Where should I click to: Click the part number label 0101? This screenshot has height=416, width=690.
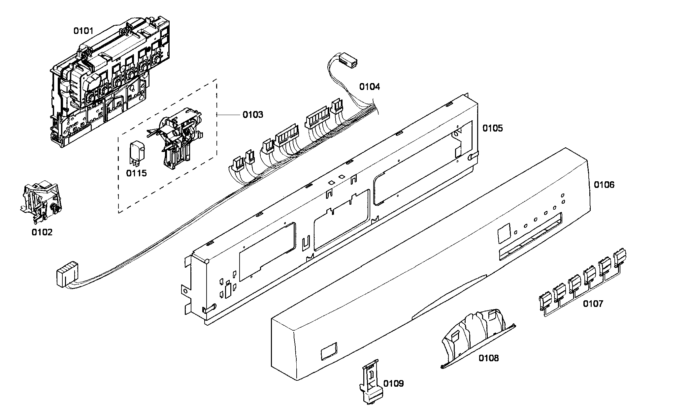coord(83,31)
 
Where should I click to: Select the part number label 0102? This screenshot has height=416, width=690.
coord(42,232)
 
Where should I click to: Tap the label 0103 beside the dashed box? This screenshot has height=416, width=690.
coord(253,115)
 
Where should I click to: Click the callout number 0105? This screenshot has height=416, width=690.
coord(492,128)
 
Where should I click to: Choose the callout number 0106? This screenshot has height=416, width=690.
coord(604,185)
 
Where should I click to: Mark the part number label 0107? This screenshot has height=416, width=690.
coord(593,304)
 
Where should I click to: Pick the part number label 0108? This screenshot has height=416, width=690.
coord(488,358)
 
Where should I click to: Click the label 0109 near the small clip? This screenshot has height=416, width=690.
coord(393,383)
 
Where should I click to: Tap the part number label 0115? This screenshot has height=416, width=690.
coord(136,173)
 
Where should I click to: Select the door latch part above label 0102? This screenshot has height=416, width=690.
coord(39,200)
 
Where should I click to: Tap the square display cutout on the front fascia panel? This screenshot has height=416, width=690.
coord(503,232)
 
